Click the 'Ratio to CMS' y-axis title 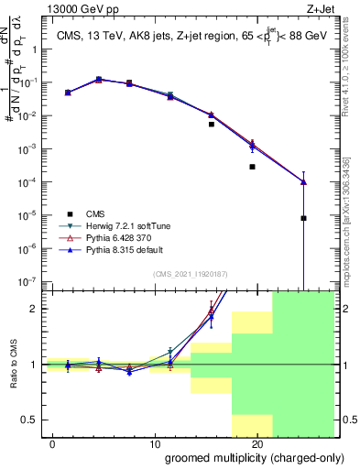12,365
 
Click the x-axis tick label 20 257,443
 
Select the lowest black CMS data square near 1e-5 303,218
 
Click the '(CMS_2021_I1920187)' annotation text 190,274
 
